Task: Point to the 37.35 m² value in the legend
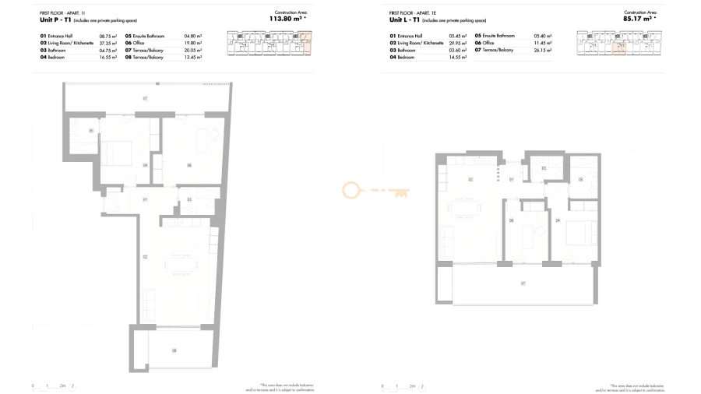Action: tap(107, 44)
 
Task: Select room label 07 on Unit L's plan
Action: tap(523, 283)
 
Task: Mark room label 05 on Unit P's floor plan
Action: tap(91, 130)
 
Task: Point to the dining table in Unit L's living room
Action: tap(470, 209)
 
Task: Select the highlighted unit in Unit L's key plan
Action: tap(621, 48)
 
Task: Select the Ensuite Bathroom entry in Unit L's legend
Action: tap(498, 37)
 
